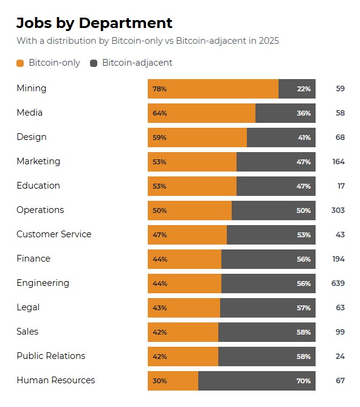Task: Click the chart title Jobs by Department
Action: [x=94, y=23]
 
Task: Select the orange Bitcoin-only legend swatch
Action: [x=20, y=63]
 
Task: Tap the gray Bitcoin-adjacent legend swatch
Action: [x=94, y=63]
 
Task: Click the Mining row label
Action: [x=31, y=88]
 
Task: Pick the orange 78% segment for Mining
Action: [x=213, y=89]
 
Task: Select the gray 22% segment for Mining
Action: [x=297, y=89]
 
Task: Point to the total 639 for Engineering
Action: [x=338, y=284]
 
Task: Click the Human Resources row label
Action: [x=55, y=380]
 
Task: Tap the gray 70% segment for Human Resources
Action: [x=257, y=381]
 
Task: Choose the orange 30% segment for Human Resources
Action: [x=173, y=381]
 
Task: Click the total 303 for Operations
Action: [x=338, y=210]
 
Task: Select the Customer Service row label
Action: [x=54, y=234]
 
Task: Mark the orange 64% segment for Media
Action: [x=201, y=113]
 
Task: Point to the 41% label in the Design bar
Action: [x=304, y=137]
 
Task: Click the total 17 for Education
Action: [x=340, y=186]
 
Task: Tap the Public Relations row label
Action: [x=50, y=356]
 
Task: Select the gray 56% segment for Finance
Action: [x=268, y=259]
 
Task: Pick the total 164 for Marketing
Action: [x=338, y=162]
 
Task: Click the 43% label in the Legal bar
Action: [x=160, y=308]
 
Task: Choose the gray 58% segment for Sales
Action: [x=266, y=332]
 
